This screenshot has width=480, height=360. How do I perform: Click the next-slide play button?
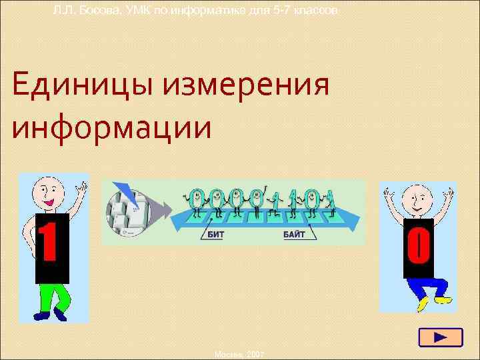(440, 337)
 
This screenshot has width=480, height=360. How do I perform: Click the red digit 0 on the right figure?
(417, 246)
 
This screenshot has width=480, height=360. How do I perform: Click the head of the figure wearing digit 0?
(418, 199)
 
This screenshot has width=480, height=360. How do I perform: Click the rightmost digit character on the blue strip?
(331, 201)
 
